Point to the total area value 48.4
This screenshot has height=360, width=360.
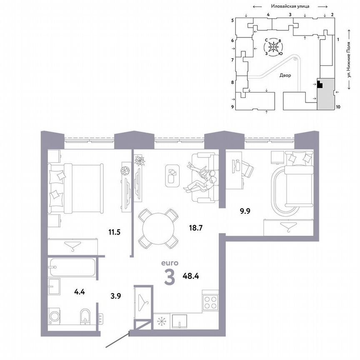tap(190, 275)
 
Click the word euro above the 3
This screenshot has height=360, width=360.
tap(170, 263)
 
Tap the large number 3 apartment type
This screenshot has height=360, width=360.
tap(169, 278)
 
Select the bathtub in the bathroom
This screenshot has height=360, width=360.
tap(72, 267)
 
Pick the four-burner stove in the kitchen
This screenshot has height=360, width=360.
tap(210, 301)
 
